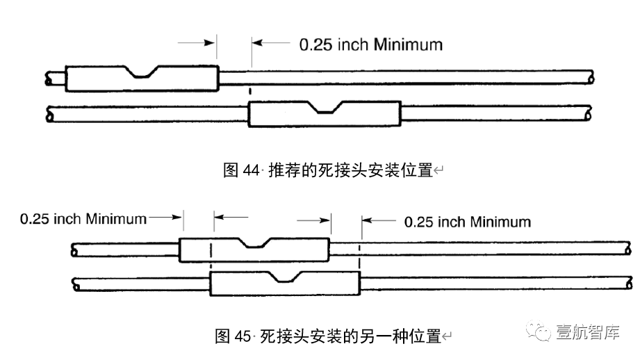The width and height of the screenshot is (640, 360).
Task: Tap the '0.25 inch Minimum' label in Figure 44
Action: tap(370, 44)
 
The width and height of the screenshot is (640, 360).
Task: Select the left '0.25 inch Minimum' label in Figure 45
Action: tap(83, 219)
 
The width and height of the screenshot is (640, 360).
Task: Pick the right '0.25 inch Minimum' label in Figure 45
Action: tap(467, 222)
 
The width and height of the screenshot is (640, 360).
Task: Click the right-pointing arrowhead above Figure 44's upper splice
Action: tap(211, 42)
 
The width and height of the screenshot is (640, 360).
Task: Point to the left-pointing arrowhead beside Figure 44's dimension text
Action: tap(256, 42)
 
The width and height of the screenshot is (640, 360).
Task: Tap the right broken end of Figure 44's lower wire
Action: tap(590, 112)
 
